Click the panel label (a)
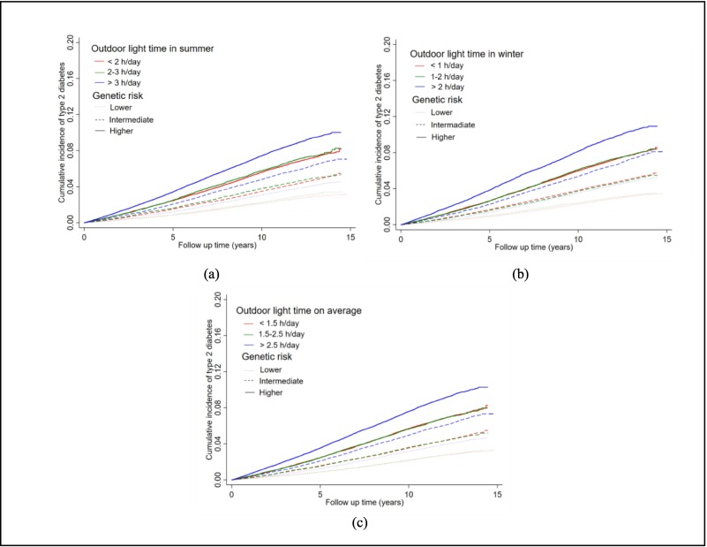tap(211, 275)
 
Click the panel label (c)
tap(360, 523)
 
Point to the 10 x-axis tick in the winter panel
tap(577, 240)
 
